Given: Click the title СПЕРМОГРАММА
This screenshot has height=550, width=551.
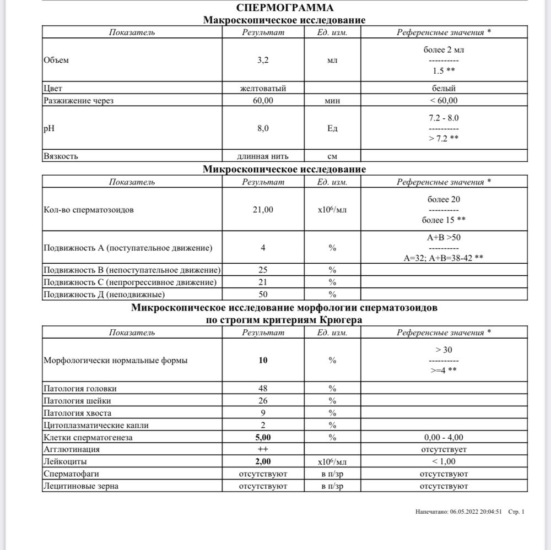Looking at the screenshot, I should [284, 8].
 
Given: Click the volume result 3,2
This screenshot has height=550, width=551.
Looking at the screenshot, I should [263, 60].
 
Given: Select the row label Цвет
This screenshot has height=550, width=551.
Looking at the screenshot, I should [53, 88].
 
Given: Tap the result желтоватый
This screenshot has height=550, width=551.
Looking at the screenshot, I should [263, 88].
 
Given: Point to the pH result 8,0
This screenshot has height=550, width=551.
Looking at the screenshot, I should [263, 128].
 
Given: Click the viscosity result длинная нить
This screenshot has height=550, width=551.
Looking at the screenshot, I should [263, 156].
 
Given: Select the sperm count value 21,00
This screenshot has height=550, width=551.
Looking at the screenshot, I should [263, 210].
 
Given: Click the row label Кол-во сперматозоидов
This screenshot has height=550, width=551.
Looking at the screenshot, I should [88, 210].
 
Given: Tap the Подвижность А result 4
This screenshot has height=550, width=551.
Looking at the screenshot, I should [263, 248].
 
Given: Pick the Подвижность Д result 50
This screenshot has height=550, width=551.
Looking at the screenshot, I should [263, 295].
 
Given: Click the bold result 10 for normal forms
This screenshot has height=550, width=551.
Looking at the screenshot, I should [263, 361].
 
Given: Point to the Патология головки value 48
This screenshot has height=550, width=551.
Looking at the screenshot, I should [263, 389].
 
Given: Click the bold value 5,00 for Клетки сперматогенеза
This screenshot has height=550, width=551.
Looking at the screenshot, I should [263, 437].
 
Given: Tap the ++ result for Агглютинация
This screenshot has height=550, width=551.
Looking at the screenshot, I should [263, 449].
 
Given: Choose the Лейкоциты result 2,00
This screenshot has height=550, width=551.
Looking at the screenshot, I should [263, 461].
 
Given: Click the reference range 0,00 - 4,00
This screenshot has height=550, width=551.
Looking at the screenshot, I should [444, 437].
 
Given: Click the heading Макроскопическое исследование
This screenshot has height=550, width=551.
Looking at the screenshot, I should [284, 20].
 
